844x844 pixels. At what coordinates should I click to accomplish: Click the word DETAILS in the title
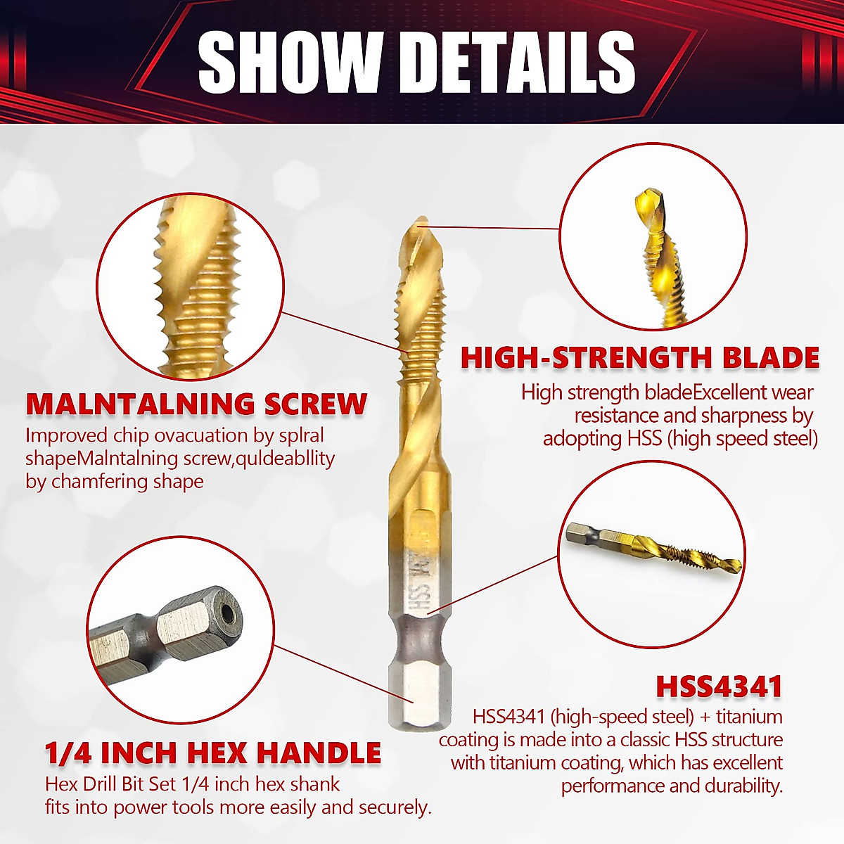click(x=522, y=61)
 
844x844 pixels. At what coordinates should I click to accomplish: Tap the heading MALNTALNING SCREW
click(x=196, y=404)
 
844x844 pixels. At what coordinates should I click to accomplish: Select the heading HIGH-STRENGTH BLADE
click(x=640, y=358)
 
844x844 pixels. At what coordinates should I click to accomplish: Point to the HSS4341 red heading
click(x=719, y=686)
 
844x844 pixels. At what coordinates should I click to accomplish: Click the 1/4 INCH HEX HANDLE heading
click(x=213, y=753)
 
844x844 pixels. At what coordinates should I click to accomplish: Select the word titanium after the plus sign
click(x=752, y=717)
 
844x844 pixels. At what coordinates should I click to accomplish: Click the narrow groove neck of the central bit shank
click(x=416, y=637)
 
